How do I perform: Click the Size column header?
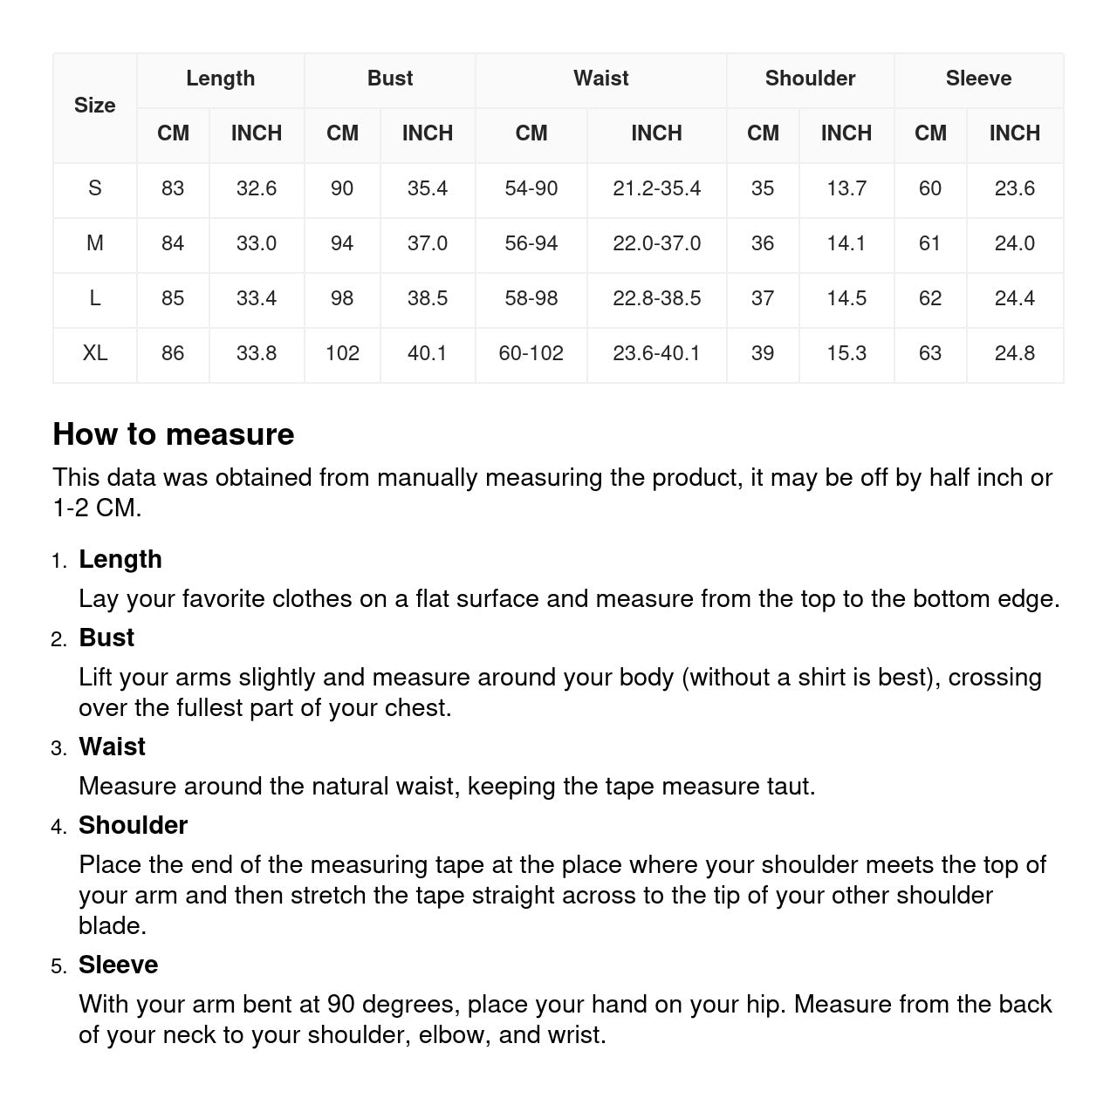[x=94, y=106]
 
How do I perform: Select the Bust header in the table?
[x=389, y=78]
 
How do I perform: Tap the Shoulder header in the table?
[x=810, y=78]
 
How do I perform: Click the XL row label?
[x=95, y=353]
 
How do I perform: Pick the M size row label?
[x=95, y=243]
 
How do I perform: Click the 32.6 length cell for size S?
[x=257, y=188]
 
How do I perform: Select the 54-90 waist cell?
[x=531, y=188]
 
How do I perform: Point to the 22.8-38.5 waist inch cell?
[x=656, y=298]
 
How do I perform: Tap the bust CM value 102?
[x=342, y=353]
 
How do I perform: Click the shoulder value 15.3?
[x=846, y=353]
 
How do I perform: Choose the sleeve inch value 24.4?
[x=1014, y=298]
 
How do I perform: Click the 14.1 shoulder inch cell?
[x=846, y=243]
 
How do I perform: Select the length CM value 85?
[x=173, y=298]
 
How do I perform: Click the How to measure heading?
[x=174, y=434]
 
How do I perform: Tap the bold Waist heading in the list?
[x=112, y=747]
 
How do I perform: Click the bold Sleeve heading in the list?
[x=118, y=965]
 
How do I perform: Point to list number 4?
[x=58, y=827]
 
